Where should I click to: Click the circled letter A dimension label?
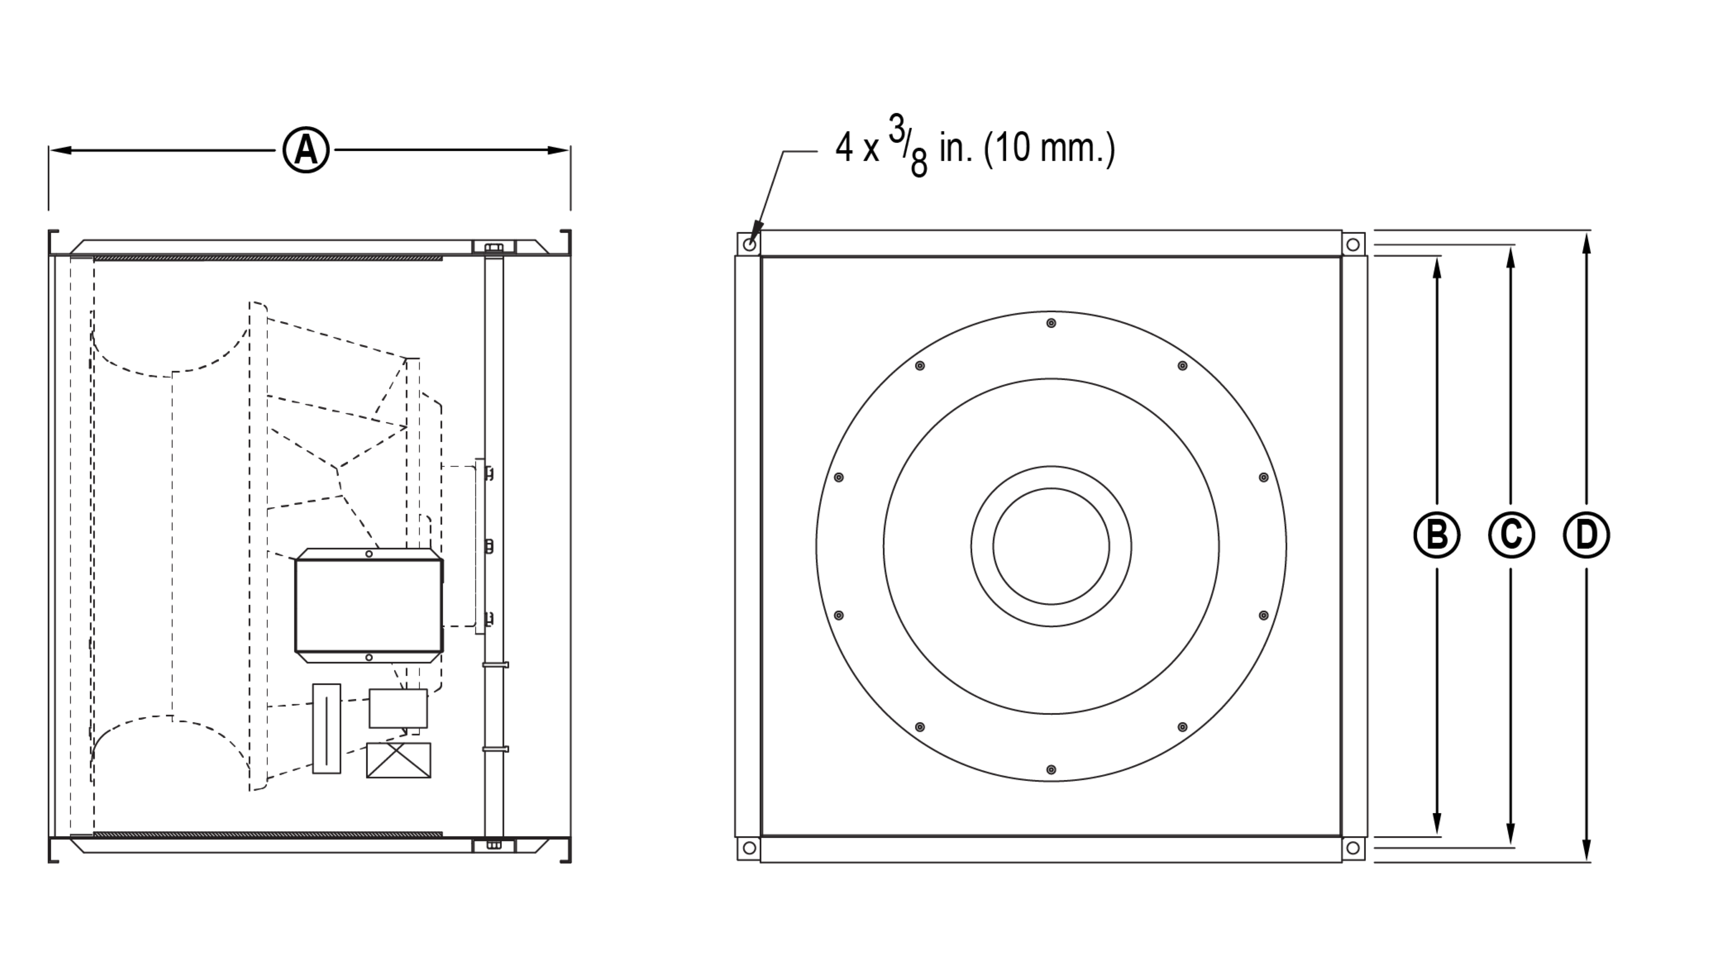coord(306,150)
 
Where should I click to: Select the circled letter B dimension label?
coord(1437,535)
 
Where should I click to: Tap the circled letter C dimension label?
coord(1511,535)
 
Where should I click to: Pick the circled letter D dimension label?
coord(1586,535)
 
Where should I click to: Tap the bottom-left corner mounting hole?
coord(750,848)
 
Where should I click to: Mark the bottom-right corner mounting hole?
coord(1353,848)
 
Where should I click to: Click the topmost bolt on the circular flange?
coord(1051,324)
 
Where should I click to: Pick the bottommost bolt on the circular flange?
coord(1051,770)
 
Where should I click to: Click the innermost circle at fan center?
coord(1051,546)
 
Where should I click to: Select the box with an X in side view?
coord(399,760)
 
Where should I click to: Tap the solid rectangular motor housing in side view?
coord(369,606)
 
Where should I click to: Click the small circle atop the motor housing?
coord(369,554)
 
